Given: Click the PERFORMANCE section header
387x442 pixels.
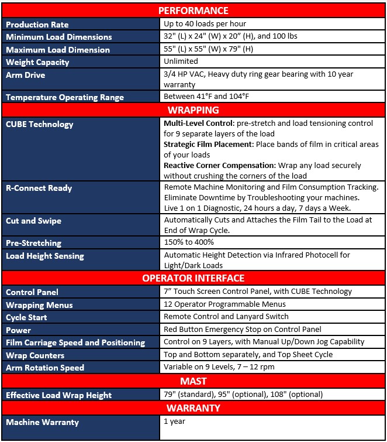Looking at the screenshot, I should point(193,11).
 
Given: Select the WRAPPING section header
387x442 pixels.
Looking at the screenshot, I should point(193,110).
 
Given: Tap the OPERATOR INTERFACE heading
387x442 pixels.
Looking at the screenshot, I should point(193,278).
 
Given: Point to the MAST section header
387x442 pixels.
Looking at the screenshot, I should point(193,382).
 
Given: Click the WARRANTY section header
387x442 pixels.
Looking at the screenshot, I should point(193,408).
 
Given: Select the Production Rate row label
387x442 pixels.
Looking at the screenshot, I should point(37,25).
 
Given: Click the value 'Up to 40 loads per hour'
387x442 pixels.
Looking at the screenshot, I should point(205,24).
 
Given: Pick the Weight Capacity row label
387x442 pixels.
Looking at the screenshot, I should point(37,62).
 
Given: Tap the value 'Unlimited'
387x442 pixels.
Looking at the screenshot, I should point(181,61).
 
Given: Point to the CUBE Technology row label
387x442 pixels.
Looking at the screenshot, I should point(40,124).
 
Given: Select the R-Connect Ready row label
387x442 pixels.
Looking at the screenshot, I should point(39,188).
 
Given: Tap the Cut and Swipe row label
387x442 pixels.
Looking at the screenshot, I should point(33,221).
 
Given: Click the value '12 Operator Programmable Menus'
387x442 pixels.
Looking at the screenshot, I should point(224,304).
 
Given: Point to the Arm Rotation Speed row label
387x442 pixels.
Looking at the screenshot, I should point(45,368).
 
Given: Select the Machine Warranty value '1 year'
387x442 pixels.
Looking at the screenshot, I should point(174,421).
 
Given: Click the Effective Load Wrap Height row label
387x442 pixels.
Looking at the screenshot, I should point(58,395).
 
